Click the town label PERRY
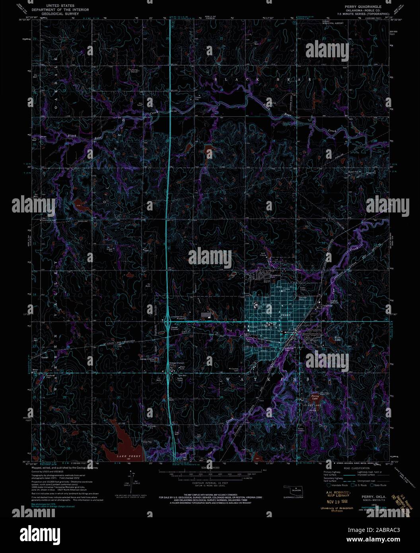286,314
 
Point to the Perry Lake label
315,396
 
